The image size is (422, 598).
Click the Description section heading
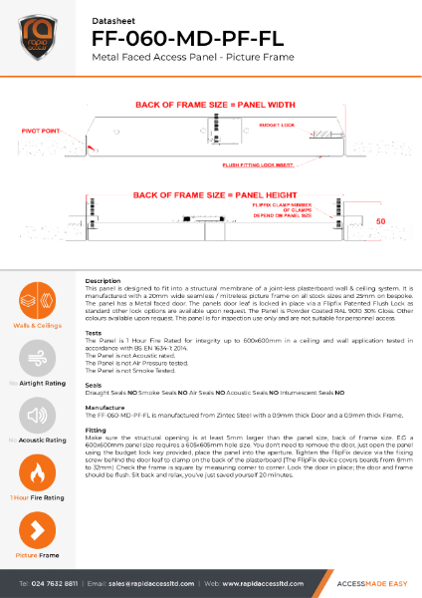pos(104,282)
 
